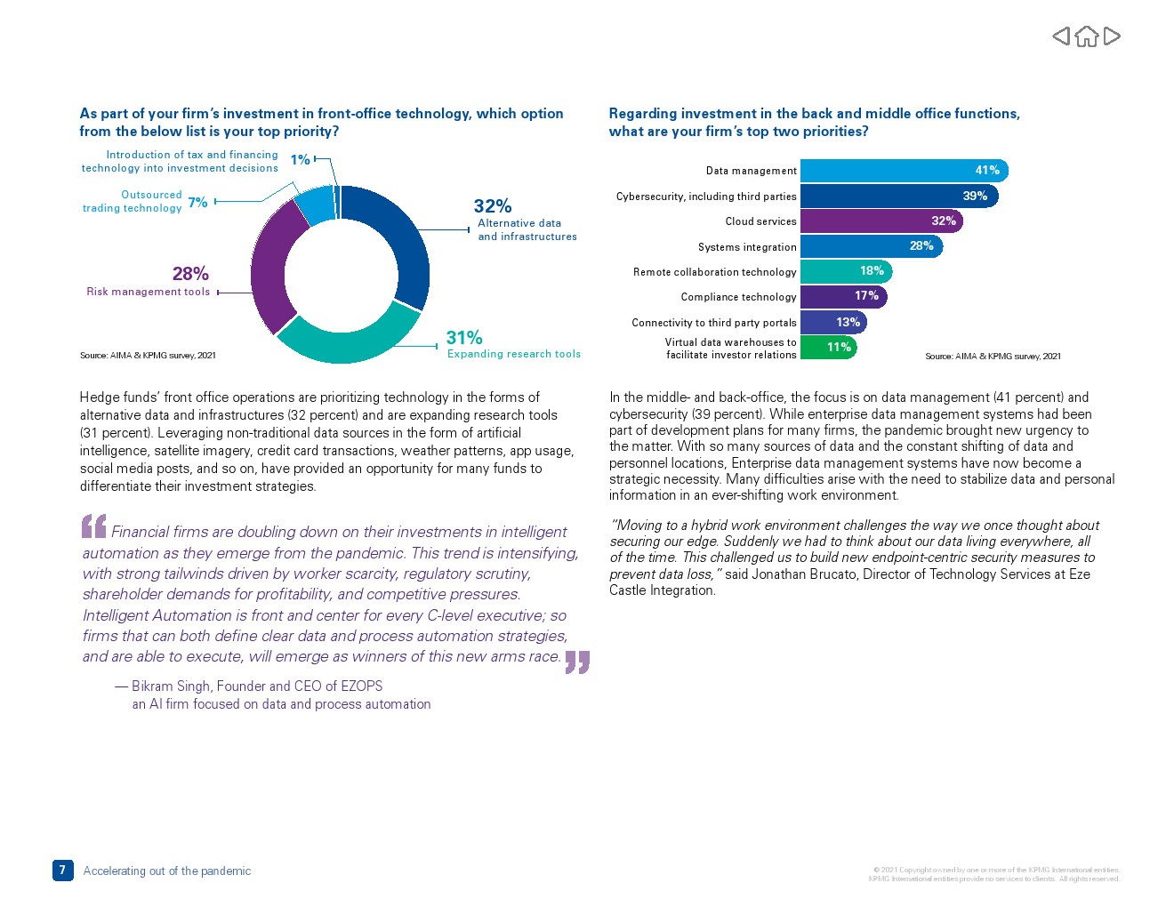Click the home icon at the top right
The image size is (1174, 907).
1086,36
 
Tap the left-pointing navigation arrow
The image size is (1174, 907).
1061,36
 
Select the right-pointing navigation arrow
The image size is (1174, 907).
1112,36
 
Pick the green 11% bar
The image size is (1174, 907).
827,348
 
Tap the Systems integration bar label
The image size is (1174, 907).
747,247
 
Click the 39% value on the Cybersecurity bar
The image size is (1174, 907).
975,197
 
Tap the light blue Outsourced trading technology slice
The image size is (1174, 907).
314,205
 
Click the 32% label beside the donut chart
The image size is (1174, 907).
492,206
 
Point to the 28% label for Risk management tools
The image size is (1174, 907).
190,274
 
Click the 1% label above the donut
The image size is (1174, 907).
300,160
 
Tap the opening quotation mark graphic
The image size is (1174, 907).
93,526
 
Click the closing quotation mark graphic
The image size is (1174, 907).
577,662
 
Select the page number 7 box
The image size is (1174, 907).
62,871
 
